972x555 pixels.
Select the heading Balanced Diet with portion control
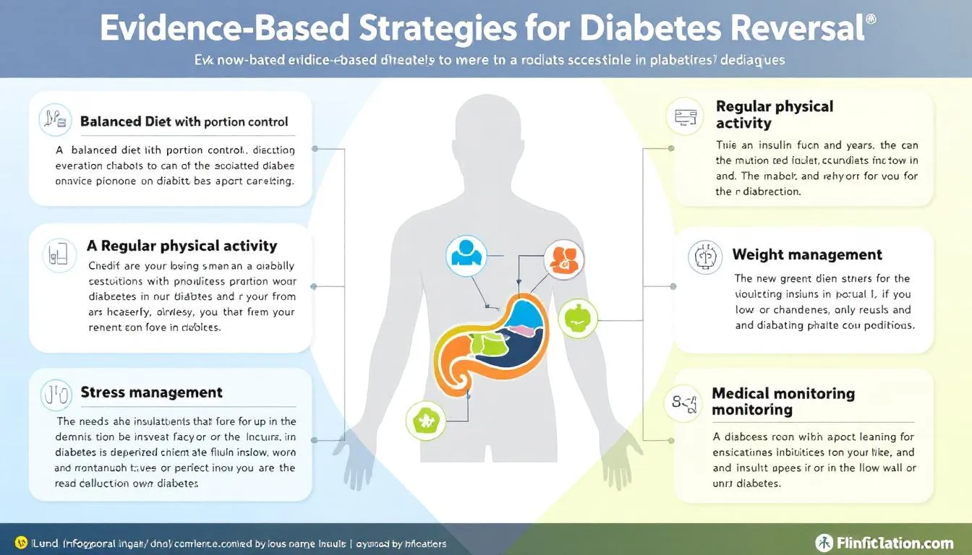tap(184, 121)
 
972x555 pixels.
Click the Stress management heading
tap(151, 392)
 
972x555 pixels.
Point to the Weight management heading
tap(807, 254)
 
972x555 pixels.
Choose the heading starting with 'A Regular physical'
tap(181, 246)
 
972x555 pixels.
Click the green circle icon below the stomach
tap(426, 419)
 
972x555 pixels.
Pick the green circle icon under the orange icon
tap(578, 318)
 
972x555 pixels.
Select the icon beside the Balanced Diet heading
tap(56, 119)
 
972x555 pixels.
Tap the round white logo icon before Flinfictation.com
tap(824, 542)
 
